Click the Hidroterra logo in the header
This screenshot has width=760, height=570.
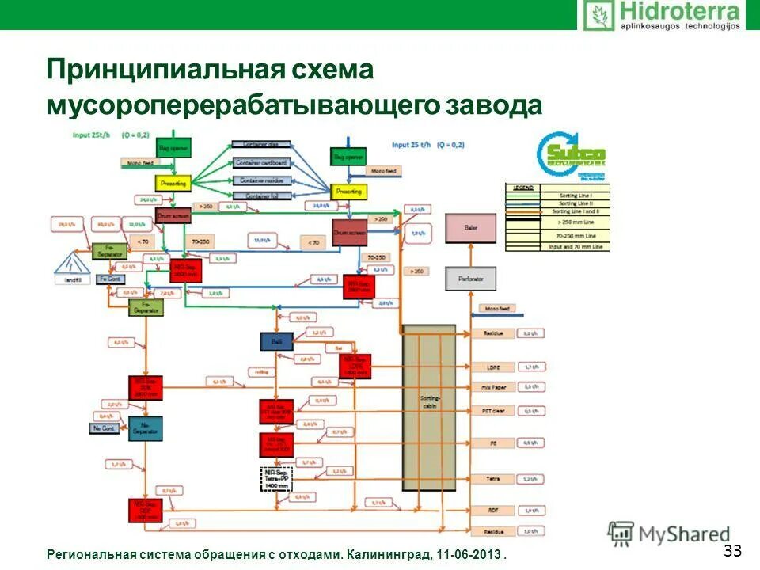click(x=663, y=16)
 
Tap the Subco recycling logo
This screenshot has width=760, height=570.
click(x=571, y=154)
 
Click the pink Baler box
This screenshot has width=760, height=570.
click(x=471, y=228)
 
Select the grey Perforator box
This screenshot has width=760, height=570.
click(x=471, y=278)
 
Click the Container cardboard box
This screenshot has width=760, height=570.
click(x=261, y=162)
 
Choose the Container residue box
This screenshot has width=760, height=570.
click(x=261, y=180)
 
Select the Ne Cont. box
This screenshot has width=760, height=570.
click(x=103, y=428)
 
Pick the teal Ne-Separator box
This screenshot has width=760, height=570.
click(x=144, y=428)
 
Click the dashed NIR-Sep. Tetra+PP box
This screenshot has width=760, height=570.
click(x=276, y=479)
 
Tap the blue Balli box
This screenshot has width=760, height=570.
click(x=276, y=340)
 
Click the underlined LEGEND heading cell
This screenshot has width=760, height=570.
click(x=523, y=188)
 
